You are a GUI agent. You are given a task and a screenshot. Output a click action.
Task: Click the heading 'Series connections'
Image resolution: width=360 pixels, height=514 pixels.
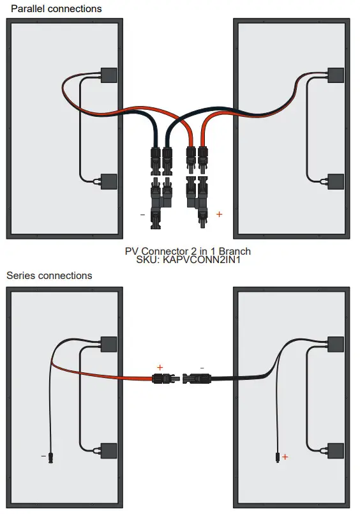tap(49, 276)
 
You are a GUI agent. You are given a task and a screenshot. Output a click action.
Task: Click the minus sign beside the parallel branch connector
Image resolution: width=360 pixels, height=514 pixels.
tap(142, 215)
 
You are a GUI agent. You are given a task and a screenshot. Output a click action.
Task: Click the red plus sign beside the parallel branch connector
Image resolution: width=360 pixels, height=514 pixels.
tap(219, 215)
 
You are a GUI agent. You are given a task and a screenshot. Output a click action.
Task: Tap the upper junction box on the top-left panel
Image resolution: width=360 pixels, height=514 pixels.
tap(109, 75)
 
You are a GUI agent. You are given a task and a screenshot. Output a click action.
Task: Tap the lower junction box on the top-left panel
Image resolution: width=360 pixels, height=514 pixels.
tap(109, 181)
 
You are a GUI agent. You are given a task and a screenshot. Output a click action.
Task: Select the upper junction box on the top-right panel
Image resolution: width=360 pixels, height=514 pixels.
tap(336, 75)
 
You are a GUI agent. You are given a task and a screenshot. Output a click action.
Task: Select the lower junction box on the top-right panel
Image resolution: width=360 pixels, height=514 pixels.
tap(336, 181)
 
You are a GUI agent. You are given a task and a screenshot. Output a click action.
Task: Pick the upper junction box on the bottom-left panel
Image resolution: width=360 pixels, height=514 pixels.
tap(109, 344)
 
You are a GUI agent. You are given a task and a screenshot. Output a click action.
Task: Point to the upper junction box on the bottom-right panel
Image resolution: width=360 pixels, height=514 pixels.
tap(336, 344)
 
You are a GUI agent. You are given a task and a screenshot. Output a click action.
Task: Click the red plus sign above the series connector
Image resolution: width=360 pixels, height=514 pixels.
tap(160, 368)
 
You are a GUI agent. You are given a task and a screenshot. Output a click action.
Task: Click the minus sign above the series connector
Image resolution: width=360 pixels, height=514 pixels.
tap(202, 368)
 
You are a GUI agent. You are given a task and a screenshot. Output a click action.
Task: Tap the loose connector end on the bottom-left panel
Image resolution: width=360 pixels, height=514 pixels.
tap(51, 457)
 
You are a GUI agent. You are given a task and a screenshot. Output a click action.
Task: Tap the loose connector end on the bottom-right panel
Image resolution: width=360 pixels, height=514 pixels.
tap(277, 457)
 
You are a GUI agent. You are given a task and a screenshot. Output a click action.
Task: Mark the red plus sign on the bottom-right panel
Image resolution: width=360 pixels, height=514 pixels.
tap(285, 457)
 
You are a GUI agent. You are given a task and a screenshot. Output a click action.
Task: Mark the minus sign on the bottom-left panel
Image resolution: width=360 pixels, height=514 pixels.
tap(43, 457)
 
